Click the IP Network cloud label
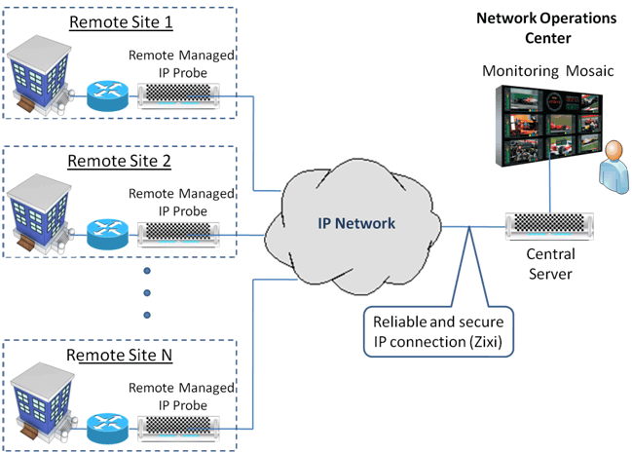(x=356, y=224)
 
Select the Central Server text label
(x=549, y=264)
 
